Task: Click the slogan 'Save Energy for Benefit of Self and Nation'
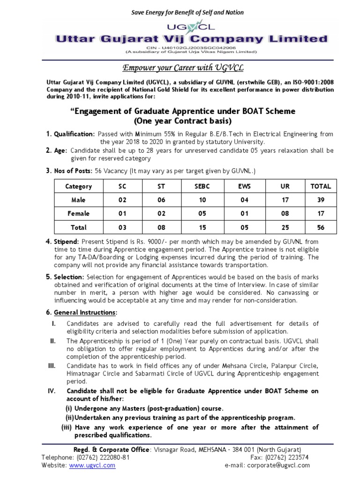(x=180, y=13)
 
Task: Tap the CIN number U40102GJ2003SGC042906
(x=180, y=48)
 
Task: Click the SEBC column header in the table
(x=202, y=186)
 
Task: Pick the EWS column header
(x=244, y=186)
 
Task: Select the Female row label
(x=78, y=214)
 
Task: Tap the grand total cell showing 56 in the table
(x=321, y=227)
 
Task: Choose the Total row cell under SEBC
(x=202, y=227)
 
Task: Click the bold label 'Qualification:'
(x=73, y=134)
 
